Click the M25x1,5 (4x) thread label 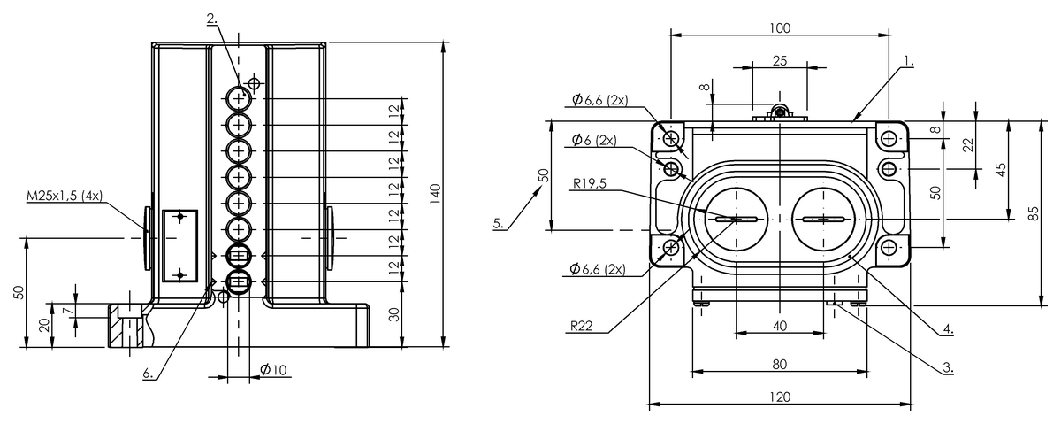tap(65, 196)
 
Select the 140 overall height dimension tap(435, 194)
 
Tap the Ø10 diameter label tap(273, 369)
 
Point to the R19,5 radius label tap(589, 183)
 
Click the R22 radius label tap(581, 326)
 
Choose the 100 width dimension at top tap(780, 28)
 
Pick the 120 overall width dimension tap(780, 397)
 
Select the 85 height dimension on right tap(1034, 213)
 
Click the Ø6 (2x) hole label tap(594, 140)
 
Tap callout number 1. tap(909, 61)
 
